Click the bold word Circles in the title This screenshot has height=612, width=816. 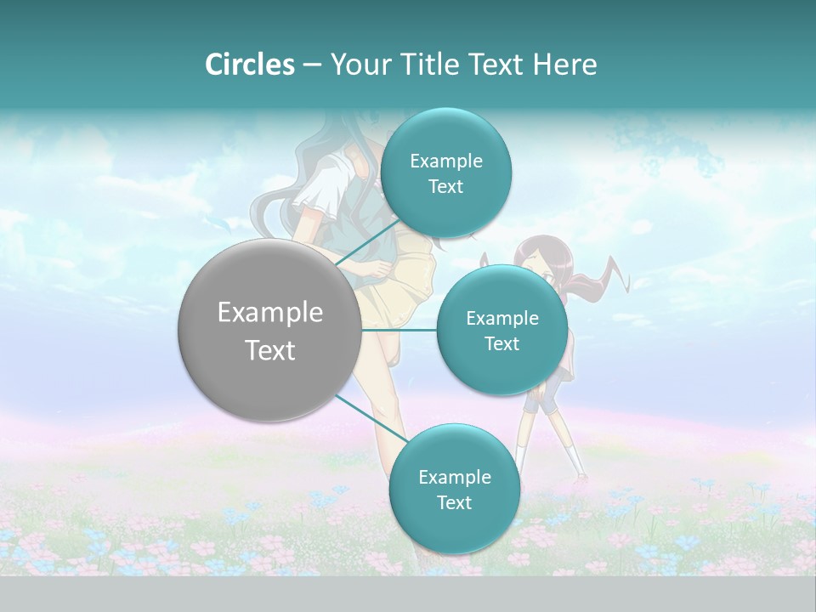tap(249, 64)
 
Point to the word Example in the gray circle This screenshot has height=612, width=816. tap(270, 313)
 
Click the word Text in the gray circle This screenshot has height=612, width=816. tap(270, 350)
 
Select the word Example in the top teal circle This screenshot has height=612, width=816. tap(445, 161)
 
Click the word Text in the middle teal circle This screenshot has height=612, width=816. tap(502, 344)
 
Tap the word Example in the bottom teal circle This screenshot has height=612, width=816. tap(454, 477)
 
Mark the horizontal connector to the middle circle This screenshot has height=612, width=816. tap(399, 329)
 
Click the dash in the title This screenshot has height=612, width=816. tap(311, 65)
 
